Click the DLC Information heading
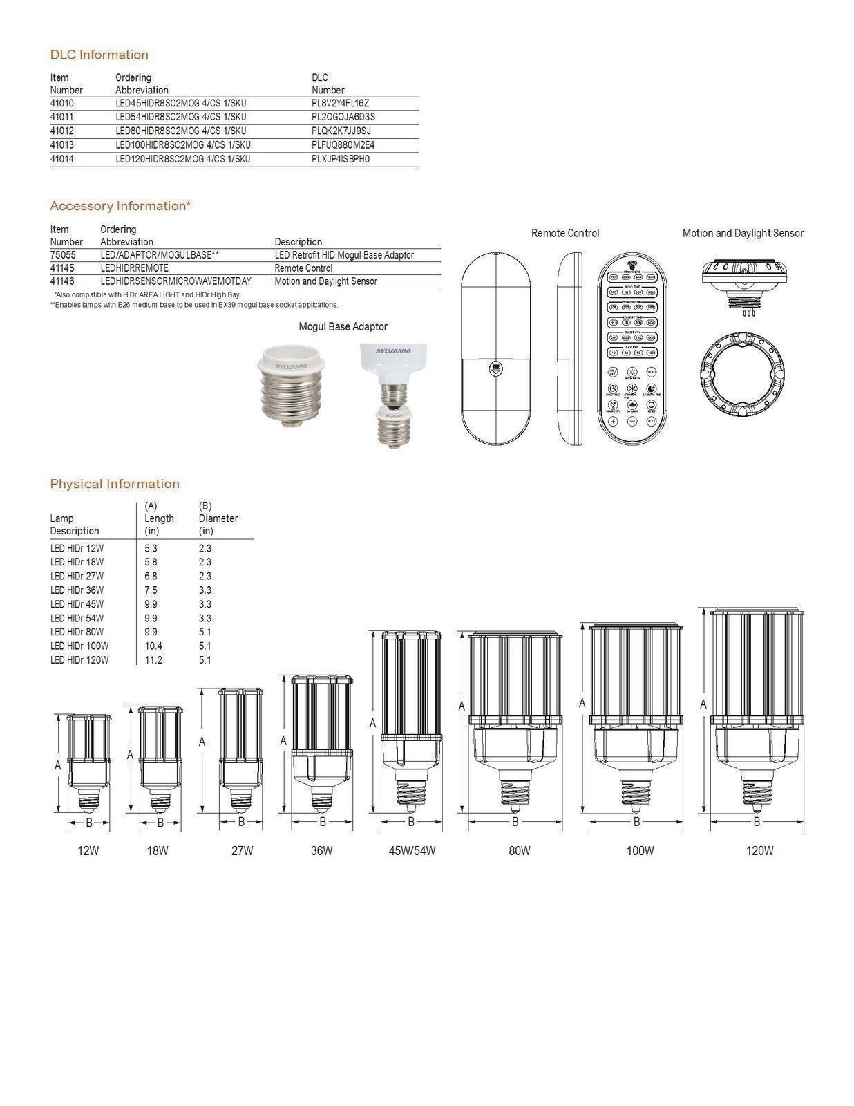coord(99,55)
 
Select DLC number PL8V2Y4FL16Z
coord(340,103)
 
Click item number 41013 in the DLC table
coord(61,145)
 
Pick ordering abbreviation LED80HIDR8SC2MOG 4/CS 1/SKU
coord(180,131)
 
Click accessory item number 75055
coord(63,255)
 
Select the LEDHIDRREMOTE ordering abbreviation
coord(134,268)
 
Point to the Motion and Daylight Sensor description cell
coord(325,281)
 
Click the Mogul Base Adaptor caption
coord(343,327)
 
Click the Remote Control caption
coord(564,234)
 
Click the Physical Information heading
coord(115,484)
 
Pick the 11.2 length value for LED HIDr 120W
coord(153,660)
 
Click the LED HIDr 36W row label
coord(77,590)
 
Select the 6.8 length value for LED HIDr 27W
coord(151,576)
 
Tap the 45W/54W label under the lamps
coord(412,851)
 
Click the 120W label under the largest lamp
coord(759,851)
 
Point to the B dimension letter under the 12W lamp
coord(89,823)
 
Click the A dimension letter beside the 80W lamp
coord(462,706)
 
